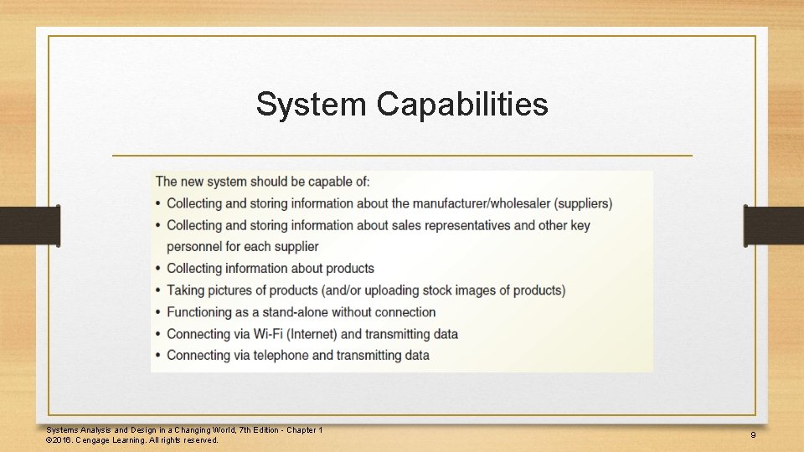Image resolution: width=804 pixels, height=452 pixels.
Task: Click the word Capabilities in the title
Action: pyautogui.click(x=462, y=105)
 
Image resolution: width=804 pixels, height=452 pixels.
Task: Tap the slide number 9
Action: pyautogui.click(x=753, y=435)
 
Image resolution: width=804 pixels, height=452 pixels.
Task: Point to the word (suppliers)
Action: pyautogui.click(x=584, y=203)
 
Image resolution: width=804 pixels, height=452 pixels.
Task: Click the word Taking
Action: pyautogui.click(x=187, y=290)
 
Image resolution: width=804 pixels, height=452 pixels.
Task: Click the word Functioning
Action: pyautogui.click(x=205, y=312)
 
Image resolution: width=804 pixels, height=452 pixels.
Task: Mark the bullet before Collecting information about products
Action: pyautogui.click(x=158, y=269)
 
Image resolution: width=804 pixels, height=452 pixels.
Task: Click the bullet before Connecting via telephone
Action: pyautogui.click(x=158, y=356)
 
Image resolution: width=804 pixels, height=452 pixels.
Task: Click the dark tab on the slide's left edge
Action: pyautogui.click(x=29, y=226)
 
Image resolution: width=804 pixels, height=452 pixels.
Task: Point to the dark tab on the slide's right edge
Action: pyautogui.click(x=774, y=226)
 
